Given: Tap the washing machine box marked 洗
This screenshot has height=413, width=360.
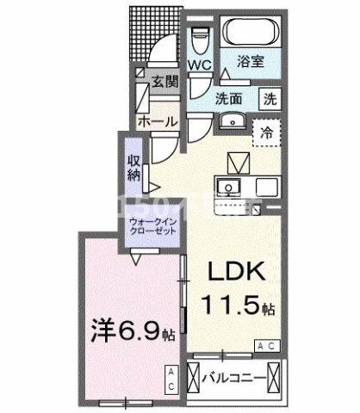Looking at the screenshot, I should [270, 99].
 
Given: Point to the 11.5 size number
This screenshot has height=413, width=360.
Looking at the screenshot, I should [224, 304].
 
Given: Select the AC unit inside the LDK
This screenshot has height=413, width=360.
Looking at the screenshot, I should [265, 346].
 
